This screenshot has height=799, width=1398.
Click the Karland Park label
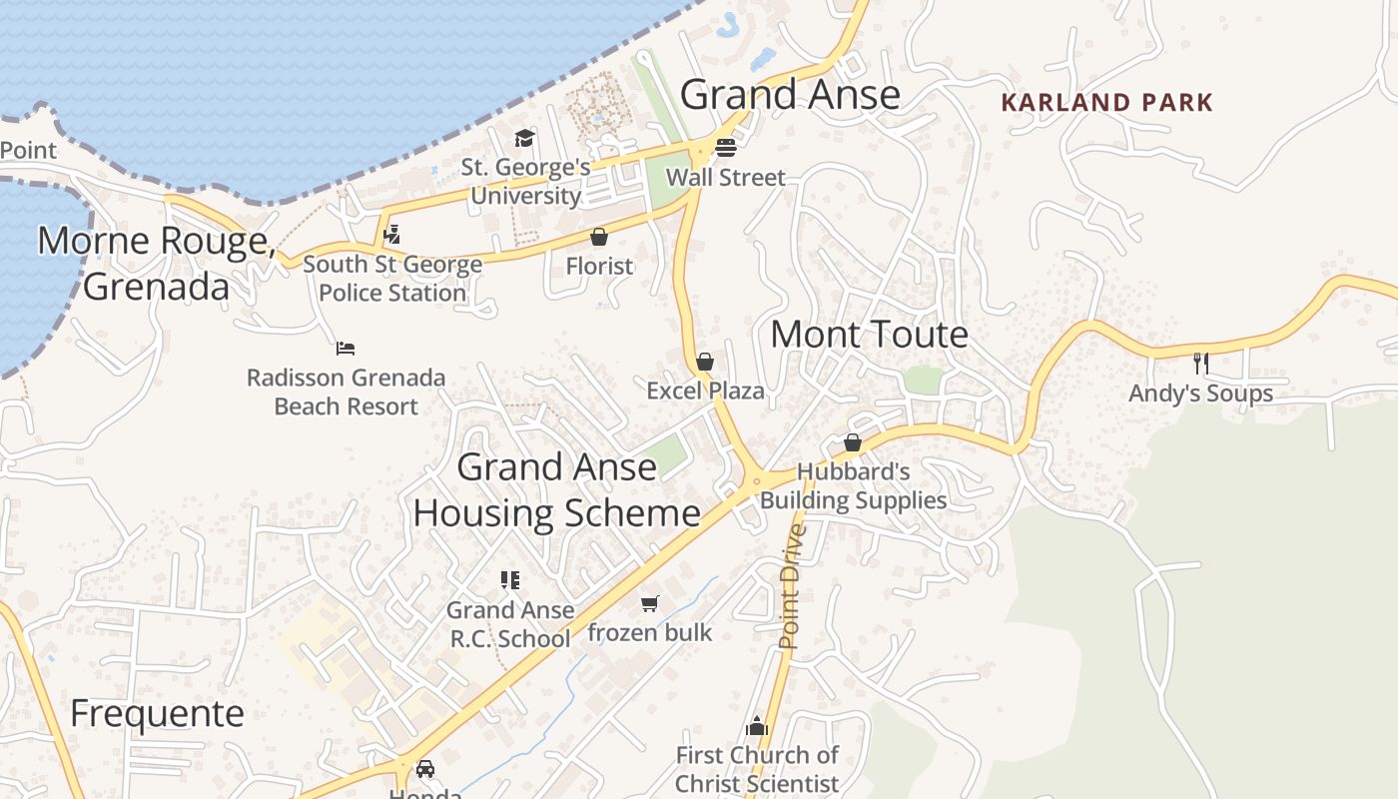tap(1106, 102)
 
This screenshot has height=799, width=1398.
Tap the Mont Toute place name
tap(869, 335)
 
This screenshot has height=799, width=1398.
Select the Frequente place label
tap(157, 713)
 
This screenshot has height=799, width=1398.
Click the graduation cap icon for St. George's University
tap(525, 138)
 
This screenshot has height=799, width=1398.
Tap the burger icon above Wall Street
tap(726, 148)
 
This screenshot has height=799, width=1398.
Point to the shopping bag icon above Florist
tap(599, 237)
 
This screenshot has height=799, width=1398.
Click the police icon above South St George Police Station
tap(392, 235)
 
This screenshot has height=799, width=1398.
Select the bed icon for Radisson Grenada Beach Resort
tap(346, 349)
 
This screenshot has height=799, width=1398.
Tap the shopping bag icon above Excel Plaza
tap(705, 362)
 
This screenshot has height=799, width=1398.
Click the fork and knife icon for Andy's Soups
tap(1200, 363)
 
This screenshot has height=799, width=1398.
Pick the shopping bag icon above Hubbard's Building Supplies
tap(853, 442)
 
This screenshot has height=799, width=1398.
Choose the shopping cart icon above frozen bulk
tap(650, 603)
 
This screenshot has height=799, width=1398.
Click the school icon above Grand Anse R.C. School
tap(510, 580)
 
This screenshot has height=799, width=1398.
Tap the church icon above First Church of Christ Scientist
tap(757, 725)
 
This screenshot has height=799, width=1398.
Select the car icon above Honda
tap(425, 768)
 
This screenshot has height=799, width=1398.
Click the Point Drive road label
tap(791, 586)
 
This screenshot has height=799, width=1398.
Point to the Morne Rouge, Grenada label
tap(156, 263)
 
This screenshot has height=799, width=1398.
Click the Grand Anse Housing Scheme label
tap(556, 489)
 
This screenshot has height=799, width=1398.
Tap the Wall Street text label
tap(726, 178)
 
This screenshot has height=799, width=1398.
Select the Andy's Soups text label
tap(1200, 394)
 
